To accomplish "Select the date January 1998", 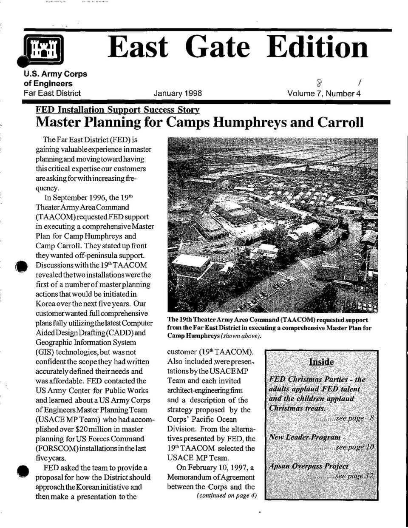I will coord(178,93).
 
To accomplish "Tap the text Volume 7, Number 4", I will coord(324,93).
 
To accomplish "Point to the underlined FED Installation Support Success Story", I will coord(117,110).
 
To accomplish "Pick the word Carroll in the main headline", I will coord(341,122).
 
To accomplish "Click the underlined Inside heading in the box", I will coord(321,362).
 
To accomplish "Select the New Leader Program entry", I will coord(304,437).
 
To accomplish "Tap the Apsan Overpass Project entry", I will coord(308,466).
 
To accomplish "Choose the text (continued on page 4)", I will coord(227,495).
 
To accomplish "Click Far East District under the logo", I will coord(52,93).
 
